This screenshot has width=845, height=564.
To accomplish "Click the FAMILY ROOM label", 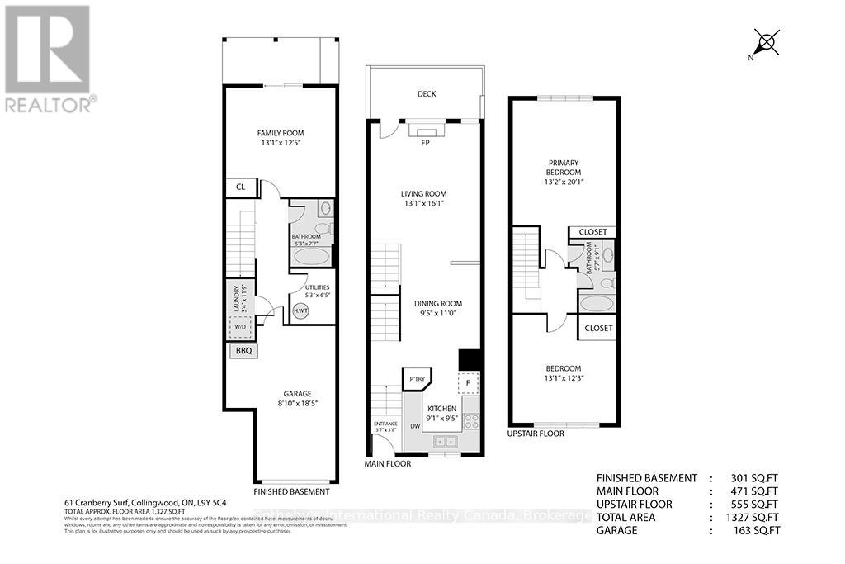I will (x=281, y=133).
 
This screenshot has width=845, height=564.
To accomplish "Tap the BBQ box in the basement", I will (x=243, y=351).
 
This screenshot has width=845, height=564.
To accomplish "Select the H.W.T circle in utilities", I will (x=301, y=312).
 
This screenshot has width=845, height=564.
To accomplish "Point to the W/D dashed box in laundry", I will (x=239, y=326).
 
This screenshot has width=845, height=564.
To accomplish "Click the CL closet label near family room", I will (x=241, y=187).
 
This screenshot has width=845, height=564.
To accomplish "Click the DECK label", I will (x=427, y=94).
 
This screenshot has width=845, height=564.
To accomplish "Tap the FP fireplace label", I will (x=425, y=142).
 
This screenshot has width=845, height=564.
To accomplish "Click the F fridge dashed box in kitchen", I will (x=468, y=383).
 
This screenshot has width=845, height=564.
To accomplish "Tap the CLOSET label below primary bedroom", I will (x=592, y=232).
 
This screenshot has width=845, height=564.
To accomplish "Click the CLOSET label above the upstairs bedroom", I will (x=597, y=328).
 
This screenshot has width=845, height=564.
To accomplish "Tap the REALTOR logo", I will (x=49, y=58).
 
